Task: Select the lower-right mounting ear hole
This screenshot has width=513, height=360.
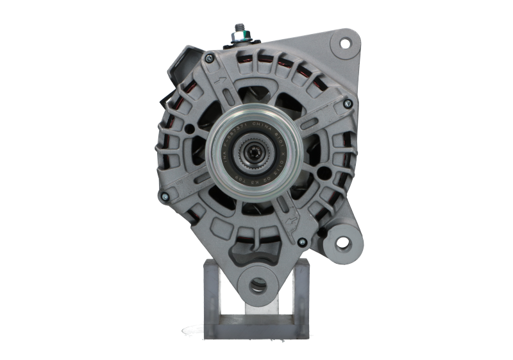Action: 343,242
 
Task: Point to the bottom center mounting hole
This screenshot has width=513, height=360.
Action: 260,283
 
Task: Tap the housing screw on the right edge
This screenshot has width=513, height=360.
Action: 348,102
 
